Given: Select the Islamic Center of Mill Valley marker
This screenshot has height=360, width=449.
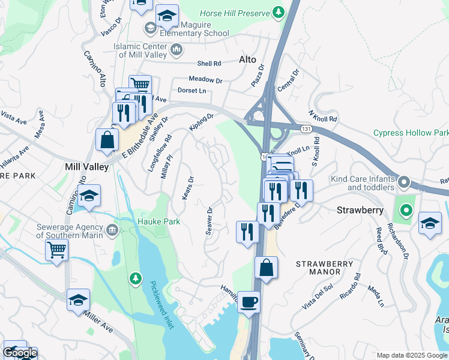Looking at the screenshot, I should [176, 51].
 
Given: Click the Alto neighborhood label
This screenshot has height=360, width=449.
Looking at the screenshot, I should [247, 59].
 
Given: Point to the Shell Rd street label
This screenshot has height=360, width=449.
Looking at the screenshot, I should [209, 63].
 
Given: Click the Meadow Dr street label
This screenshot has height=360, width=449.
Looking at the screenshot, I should [205, 79].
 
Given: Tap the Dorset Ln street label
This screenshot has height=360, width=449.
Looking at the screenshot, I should [191, 91].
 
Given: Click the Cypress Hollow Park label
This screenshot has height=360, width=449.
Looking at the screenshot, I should [411, 133].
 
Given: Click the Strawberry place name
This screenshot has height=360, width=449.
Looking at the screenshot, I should [360, 211].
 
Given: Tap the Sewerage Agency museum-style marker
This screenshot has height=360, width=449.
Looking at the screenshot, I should [112, 230].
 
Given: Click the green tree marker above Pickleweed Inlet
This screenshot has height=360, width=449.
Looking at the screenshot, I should [136, 278].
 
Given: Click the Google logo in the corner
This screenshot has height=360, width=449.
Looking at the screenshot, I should [20, 353].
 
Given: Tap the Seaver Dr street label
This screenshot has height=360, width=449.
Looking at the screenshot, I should [209, 221].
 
